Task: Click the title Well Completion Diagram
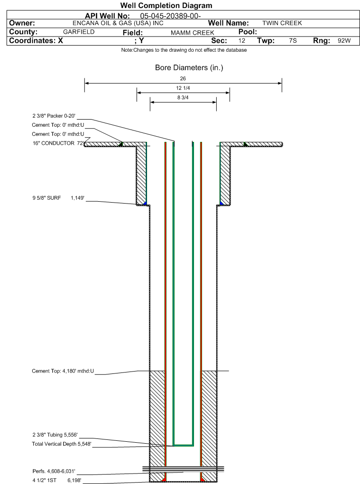click(x=166, y=6)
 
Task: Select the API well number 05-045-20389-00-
click(x=170, y=16)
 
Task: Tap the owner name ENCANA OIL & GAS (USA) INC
click(x=118, y=23)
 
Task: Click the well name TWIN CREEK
click(x=282, y=23)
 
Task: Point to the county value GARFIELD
click(x=79, y=32)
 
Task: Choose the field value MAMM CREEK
click(x=192, y=33)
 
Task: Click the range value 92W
click(x=344, y=40)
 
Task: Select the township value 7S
click(x=293, y=40)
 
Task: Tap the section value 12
click(x=242, y=40)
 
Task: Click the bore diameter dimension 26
click(x=183, y=79)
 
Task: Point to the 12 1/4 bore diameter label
click(x=183, y=88)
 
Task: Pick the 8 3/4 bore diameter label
click(x=183, y=98)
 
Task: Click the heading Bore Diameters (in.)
click(x=189, y=67)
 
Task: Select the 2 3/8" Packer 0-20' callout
click(x=54, y=116)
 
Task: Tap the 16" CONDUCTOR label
click(x=54, y=143)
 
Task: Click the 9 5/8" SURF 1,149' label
click(x=58, y=198)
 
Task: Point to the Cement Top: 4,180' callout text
click(x=63, y=371)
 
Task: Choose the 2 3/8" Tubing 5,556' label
click(x=55, y=435)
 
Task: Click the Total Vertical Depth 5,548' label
click(x=62, y=444)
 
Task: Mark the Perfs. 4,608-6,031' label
click(x=54, y=471)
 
